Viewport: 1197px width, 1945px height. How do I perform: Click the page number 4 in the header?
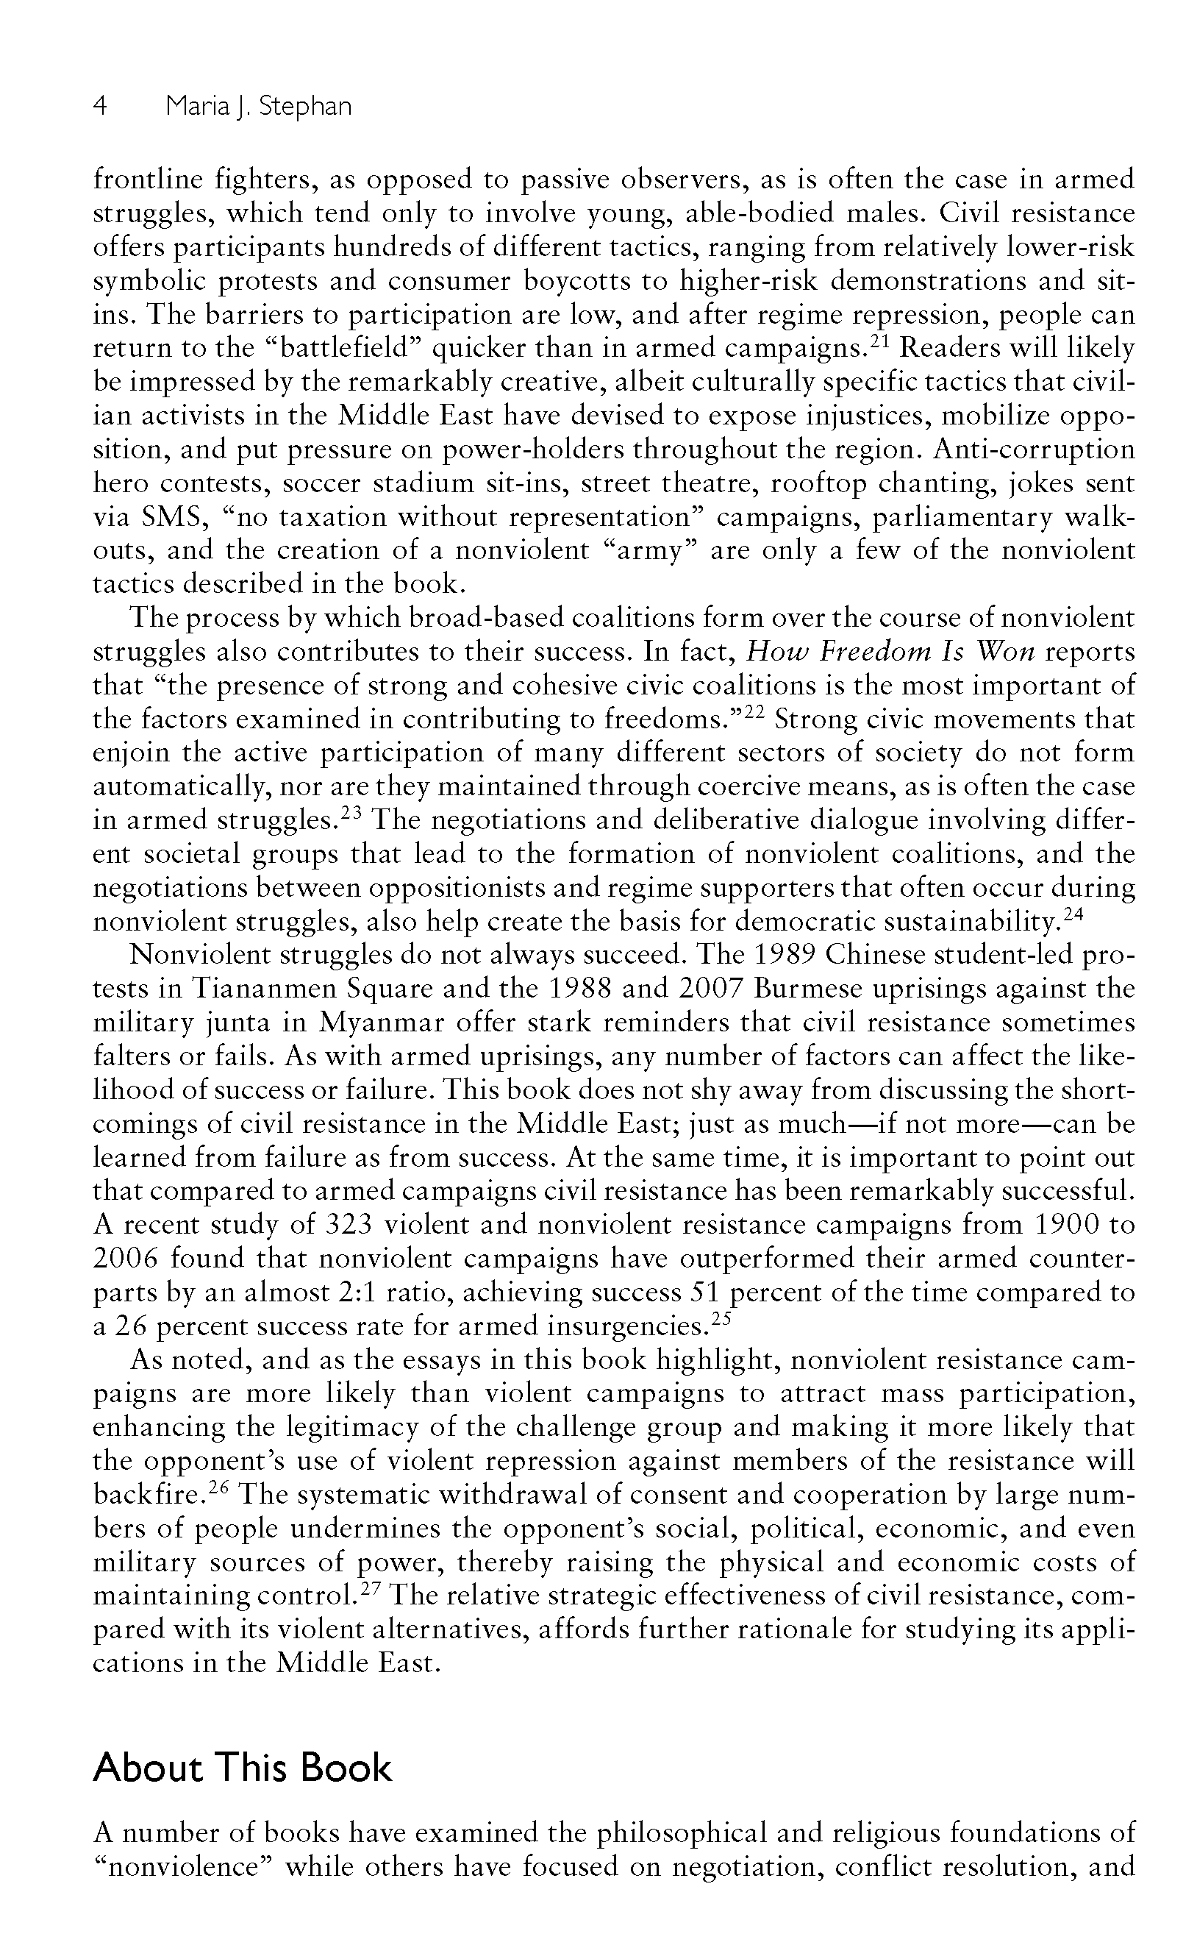(101, 106)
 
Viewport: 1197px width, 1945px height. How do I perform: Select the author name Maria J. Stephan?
(258, 106)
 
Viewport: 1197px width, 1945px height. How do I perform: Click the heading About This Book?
(242, 1768)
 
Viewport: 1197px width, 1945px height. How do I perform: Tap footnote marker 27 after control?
(371, 1590)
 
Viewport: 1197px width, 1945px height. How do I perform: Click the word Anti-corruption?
(1034, 449)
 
